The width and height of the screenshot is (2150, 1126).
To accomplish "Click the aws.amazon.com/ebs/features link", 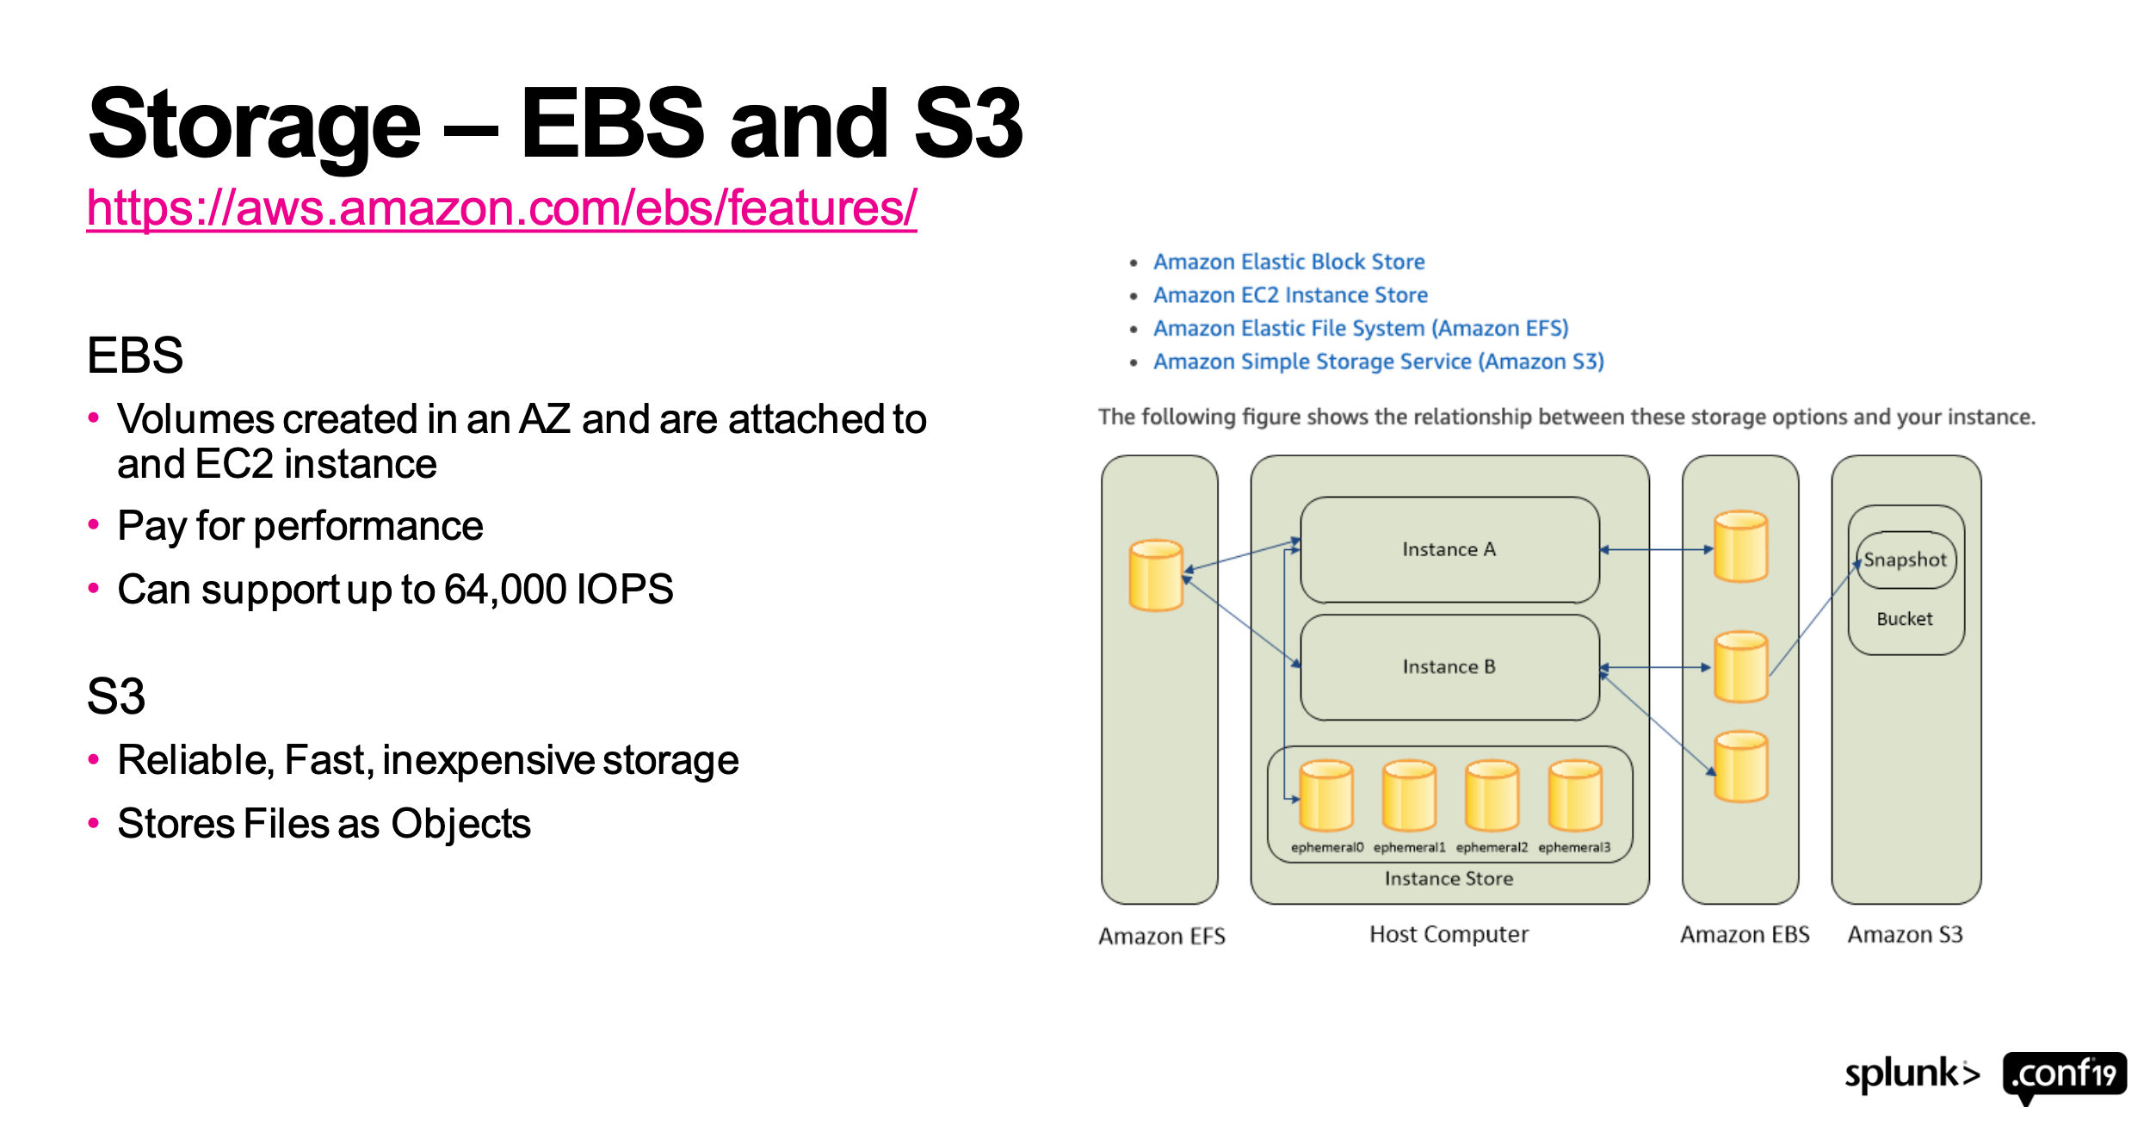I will [x=501, y=207].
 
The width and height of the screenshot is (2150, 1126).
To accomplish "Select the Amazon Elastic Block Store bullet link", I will [x=1288, y=262].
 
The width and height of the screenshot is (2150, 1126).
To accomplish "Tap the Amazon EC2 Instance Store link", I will [x=1289, y=295].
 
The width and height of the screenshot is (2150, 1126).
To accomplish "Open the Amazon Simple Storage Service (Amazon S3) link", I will [x=1378, y=362].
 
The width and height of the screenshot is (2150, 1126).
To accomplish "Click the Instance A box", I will [x=1449, y=549].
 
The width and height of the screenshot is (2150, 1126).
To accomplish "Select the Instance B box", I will [x=1449, y=667].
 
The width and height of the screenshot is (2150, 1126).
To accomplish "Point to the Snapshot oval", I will [x=1905, y=560].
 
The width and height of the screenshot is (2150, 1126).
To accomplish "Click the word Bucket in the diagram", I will [x=1904, y=619].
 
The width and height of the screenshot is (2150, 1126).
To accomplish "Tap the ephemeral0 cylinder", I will [x=1325, y=795].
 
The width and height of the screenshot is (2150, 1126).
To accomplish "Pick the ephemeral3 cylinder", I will [x=1574, y=795].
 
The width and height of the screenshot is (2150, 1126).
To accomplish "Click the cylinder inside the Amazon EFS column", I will [x=1156, y=575].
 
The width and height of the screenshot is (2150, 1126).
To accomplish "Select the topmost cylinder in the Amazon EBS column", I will [x=1740, y=547].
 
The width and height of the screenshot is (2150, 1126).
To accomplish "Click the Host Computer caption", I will [x=1449, y=934].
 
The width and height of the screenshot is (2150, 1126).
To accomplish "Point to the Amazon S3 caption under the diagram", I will [x=1905, y=935].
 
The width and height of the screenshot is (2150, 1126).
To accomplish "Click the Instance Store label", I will [x=1449, y=879].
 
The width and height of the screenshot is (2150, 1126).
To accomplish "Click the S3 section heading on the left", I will [x=116, y=696].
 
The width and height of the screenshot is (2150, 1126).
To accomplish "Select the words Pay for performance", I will [x=300, y=526].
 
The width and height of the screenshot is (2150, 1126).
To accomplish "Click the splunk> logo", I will [x=1912, y=1074].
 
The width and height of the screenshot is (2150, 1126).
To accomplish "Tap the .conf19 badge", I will [x=2064, y=1074].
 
